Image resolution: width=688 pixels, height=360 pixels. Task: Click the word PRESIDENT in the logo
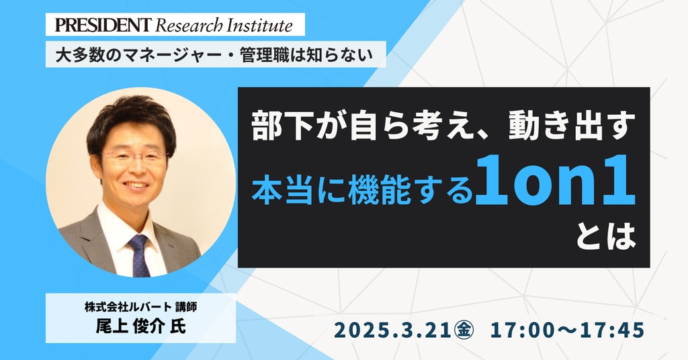[x=103, y=25]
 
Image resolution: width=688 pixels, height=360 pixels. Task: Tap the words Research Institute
[x=224, y=26]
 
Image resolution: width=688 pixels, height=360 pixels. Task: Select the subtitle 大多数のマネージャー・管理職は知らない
[x=214, y=54]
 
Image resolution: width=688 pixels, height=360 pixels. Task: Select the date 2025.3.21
[x=392, y=330]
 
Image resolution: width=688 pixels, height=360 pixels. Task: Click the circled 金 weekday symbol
[x=464, y=330]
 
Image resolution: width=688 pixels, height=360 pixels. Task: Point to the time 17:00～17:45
[x=567, y=330]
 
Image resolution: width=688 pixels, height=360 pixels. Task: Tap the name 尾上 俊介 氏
[x=141, y=326]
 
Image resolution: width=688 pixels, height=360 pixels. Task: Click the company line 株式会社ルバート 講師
[x=141, y=307]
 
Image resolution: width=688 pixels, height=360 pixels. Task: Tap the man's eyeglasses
[x=134, y=157]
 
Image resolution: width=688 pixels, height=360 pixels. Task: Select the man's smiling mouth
[x=136, y=185]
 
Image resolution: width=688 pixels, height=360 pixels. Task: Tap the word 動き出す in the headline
[x=572, y=127]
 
